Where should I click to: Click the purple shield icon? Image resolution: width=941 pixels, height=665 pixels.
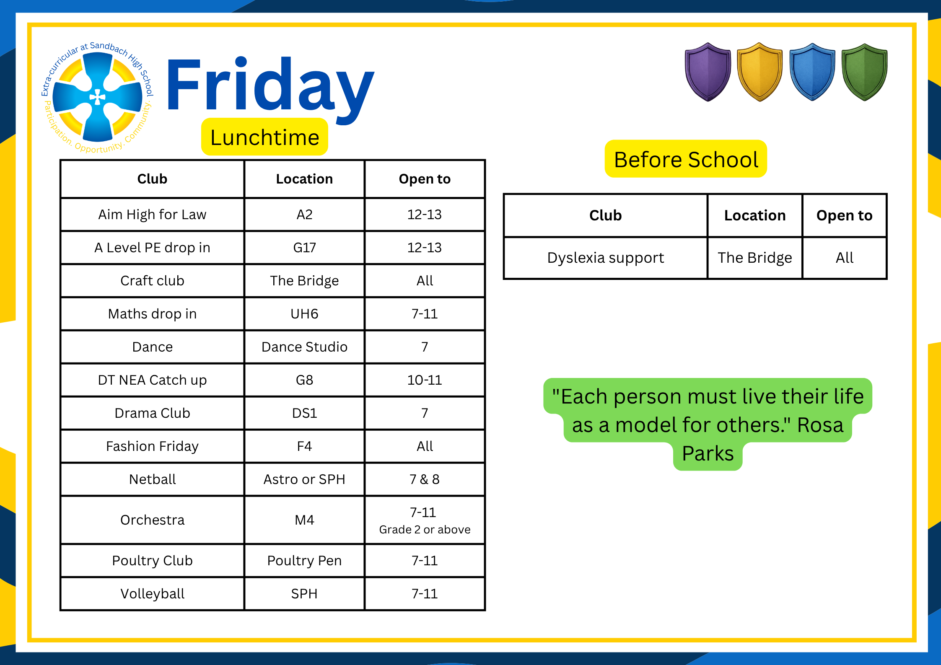(x=708, y=72)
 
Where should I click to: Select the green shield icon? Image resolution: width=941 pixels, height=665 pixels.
(x=865, y=72)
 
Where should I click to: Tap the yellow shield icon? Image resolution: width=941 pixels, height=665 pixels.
(x=760, y=72)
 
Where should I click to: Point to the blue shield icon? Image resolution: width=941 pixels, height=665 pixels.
(x=812, y=72)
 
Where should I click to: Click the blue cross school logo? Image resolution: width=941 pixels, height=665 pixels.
(x=97, y=97)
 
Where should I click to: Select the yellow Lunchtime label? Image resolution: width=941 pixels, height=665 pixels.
(x=264, y=137)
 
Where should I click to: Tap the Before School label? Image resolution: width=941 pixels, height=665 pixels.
(x=686, y=159)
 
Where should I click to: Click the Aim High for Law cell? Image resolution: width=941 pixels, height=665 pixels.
(x=152, y=215)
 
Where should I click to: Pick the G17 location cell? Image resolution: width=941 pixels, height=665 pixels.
(x=304, y=248)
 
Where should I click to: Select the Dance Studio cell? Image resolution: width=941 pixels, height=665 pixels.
(x=304, y=347)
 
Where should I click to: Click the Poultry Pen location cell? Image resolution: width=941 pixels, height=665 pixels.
(x=304, y=561)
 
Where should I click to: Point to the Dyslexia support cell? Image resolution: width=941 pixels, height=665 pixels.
(x=606, y=258)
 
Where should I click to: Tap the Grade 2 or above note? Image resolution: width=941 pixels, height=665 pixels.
(x=425, y=530)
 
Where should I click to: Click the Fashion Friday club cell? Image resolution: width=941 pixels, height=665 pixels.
(x=152, y=446)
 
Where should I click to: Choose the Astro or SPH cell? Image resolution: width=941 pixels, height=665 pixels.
(x=304, y=479)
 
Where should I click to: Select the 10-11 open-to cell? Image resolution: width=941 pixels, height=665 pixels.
(x=425, y=380)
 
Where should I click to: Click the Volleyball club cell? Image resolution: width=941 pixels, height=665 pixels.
(x=152, y=594)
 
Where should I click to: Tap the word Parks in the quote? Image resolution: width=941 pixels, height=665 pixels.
(x=708, y=453)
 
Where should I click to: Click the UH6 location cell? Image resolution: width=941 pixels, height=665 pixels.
(x=304, y=314)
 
